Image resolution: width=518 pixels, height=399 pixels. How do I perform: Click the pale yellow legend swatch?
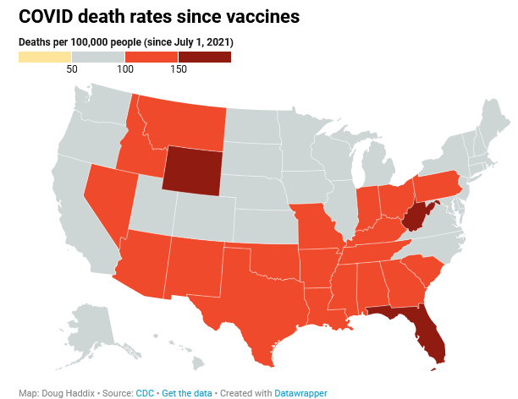tap(45, 57)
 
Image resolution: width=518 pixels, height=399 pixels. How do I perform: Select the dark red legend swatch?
tap(204, 57)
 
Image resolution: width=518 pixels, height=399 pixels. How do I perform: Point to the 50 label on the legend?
tap(72, 69)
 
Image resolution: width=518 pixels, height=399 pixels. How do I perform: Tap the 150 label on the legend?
tap(178, 69)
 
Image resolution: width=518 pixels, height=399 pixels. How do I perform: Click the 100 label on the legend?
tap(125, 69)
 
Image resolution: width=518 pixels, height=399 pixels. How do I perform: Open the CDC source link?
tap(145, 393)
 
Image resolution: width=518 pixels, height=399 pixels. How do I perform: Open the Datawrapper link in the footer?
tap(301, 393)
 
